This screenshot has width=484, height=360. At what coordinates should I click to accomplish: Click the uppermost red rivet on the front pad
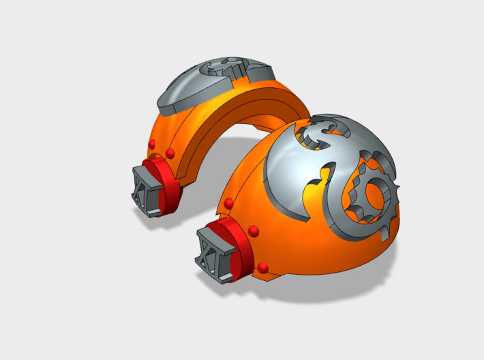(x=228, y=203)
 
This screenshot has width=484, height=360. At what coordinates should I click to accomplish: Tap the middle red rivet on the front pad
(x=253, y=230)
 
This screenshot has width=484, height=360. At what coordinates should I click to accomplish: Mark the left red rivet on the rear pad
(x=151, y=143)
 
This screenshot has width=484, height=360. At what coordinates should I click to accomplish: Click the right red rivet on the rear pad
(x=170, y=151)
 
